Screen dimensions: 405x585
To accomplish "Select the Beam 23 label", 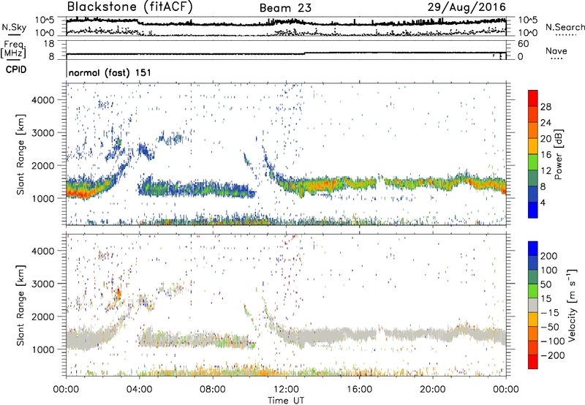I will click(289, 8).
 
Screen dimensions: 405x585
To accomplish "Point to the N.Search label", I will click(562, 26).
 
